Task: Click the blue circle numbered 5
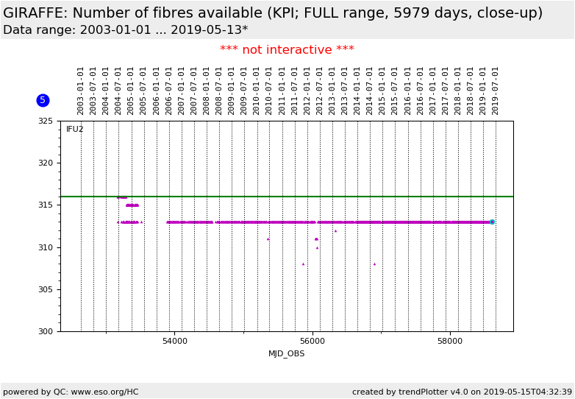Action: pyautogui.click(x=43, y=100)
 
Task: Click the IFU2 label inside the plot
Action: pyautogui.click(x=75, y=130)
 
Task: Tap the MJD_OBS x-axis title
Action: pyautogui.click(x=286, y=354)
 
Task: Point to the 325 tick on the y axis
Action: pyautogui.click(x=46, y=121)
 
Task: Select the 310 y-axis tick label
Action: pyautogui.click(x=46, y=247)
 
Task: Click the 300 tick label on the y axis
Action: pyautogui.click(x=46, y=331)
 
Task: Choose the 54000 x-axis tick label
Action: pyautogui.click(x=174, y=342)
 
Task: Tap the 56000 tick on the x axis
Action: pyautogui.click(x=312, y=342)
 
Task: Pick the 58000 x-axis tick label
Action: pyautogui.click(x=450, y=342)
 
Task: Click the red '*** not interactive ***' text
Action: pyautogui.click(x=287, y=50)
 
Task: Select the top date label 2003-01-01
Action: pyautogui.click(x=81, y=91)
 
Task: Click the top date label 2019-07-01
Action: pyautogui.click(x=496, y=91)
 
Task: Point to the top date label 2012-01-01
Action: pyautogui.click(x=307, y=91)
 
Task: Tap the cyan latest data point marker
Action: pyautogui.click(x=492, y=222)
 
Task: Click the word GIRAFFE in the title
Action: pyautogui.click(x=35, y=13)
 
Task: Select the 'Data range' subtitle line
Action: pyautogui.click(x=125, y=30)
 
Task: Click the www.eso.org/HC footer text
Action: pyautogui.click(x=100, y=392)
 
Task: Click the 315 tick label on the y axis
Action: pyautogui.click(x=46, y=205)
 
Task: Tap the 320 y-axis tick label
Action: pyautogui.click(x=46, y=163)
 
